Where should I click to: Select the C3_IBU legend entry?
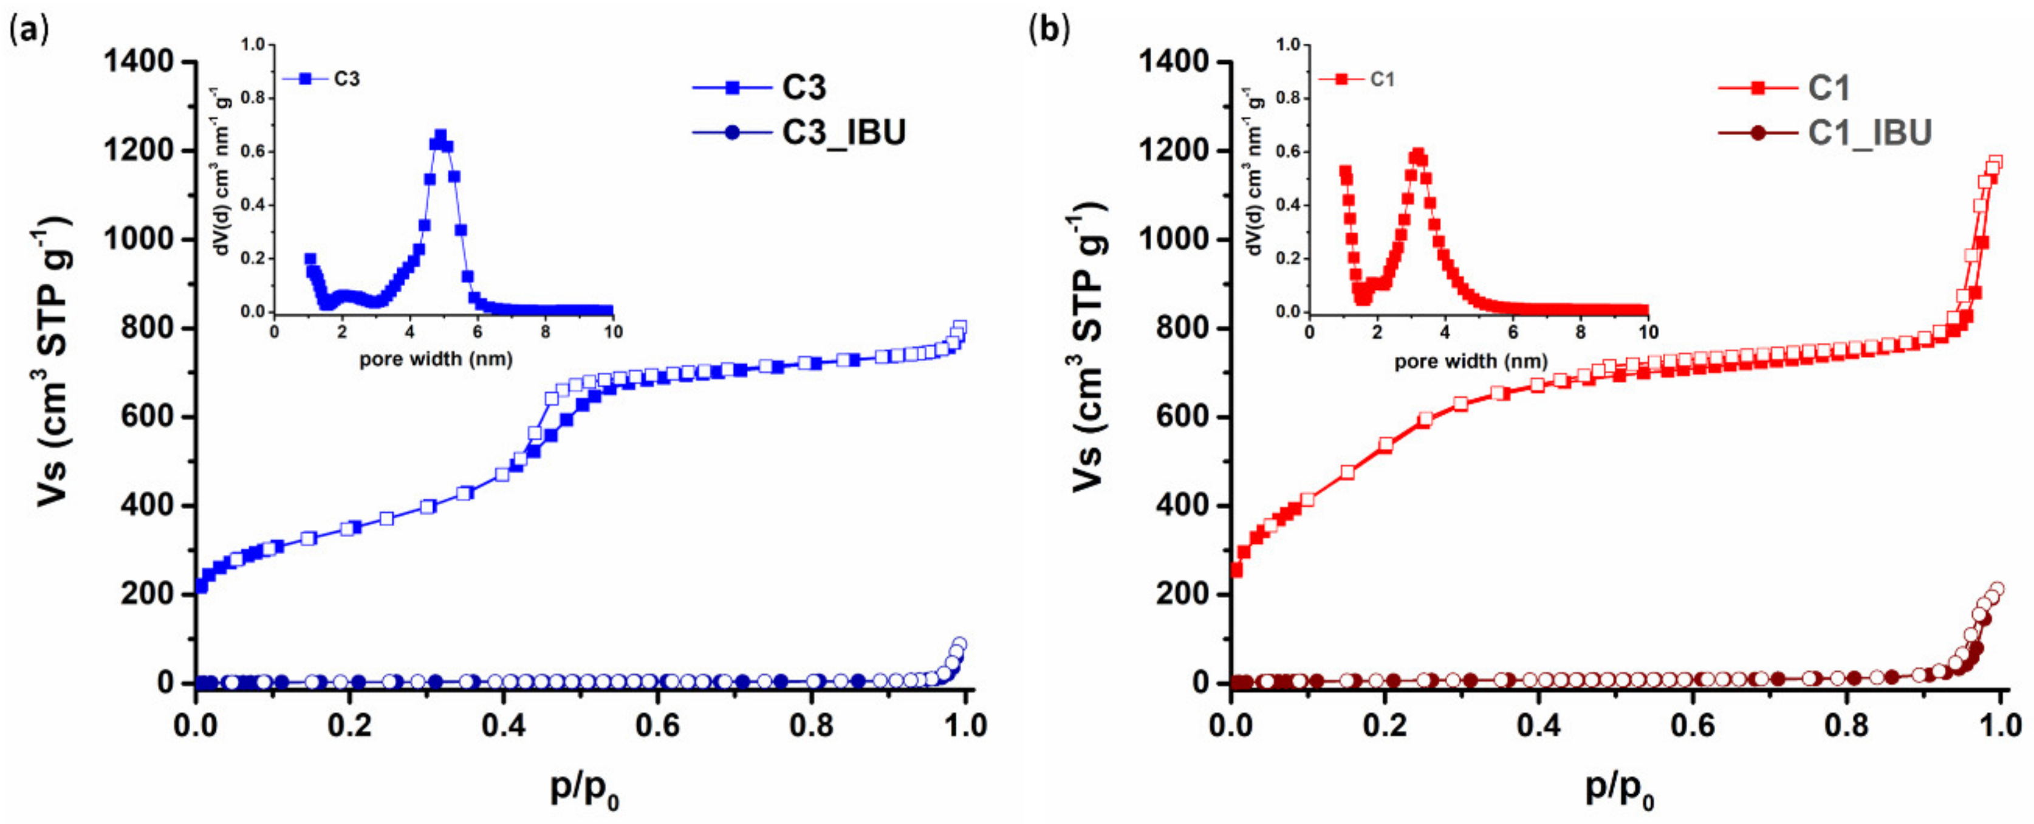(843, 132)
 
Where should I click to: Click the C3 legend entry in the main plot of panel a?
(803, 87)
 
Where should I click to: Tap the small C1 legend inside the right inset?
(1381, 79)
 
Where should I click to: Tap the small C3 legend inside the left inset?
(346, 79)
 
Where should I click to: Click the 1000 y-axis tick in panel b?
(1185, 239)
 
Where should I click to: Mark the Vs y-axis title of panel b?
(1089, 348)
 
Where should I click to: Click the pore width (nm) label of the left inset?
(436, 360)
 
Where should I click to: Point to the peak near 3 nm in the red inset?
(1418, 154)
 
